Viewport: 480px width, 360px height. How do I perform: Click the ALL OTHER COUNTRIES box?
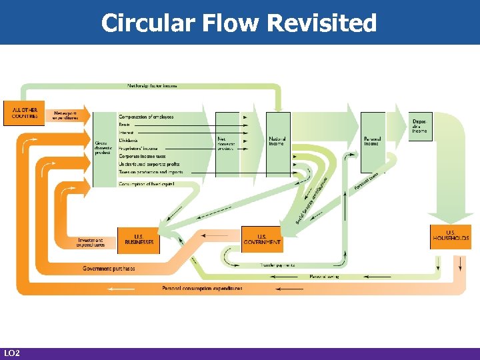25,113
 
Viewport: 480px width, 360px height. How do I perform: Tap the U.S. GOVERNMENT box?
261,240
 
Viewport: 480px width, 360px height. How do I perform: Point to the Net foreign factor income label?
152,85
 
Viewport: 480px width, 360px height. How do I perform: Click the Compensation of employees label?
146,117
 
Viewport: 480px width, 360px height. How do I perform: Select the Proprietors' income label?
138,148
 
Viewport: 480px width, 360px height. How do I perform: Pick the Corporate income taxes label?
142,156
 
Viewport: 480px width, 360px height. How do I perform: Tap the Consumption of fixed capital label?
147,184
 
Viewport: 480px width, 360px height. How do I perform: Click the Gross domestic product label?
102,147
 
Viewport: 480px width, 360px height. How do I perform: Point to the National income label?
277,141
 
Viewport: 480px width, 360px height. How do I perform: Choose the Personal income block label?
372,141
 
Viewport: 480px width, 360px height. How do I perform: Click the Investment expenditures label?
91,243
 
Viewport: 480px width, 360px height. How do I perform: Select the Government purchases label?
109,269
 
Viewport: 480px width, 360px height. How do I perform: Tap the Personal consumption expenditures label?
202,288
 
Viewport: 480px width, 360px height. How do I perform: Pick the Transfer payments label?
277,265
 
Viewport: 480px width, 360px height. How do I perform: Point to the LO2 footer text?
11,353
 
